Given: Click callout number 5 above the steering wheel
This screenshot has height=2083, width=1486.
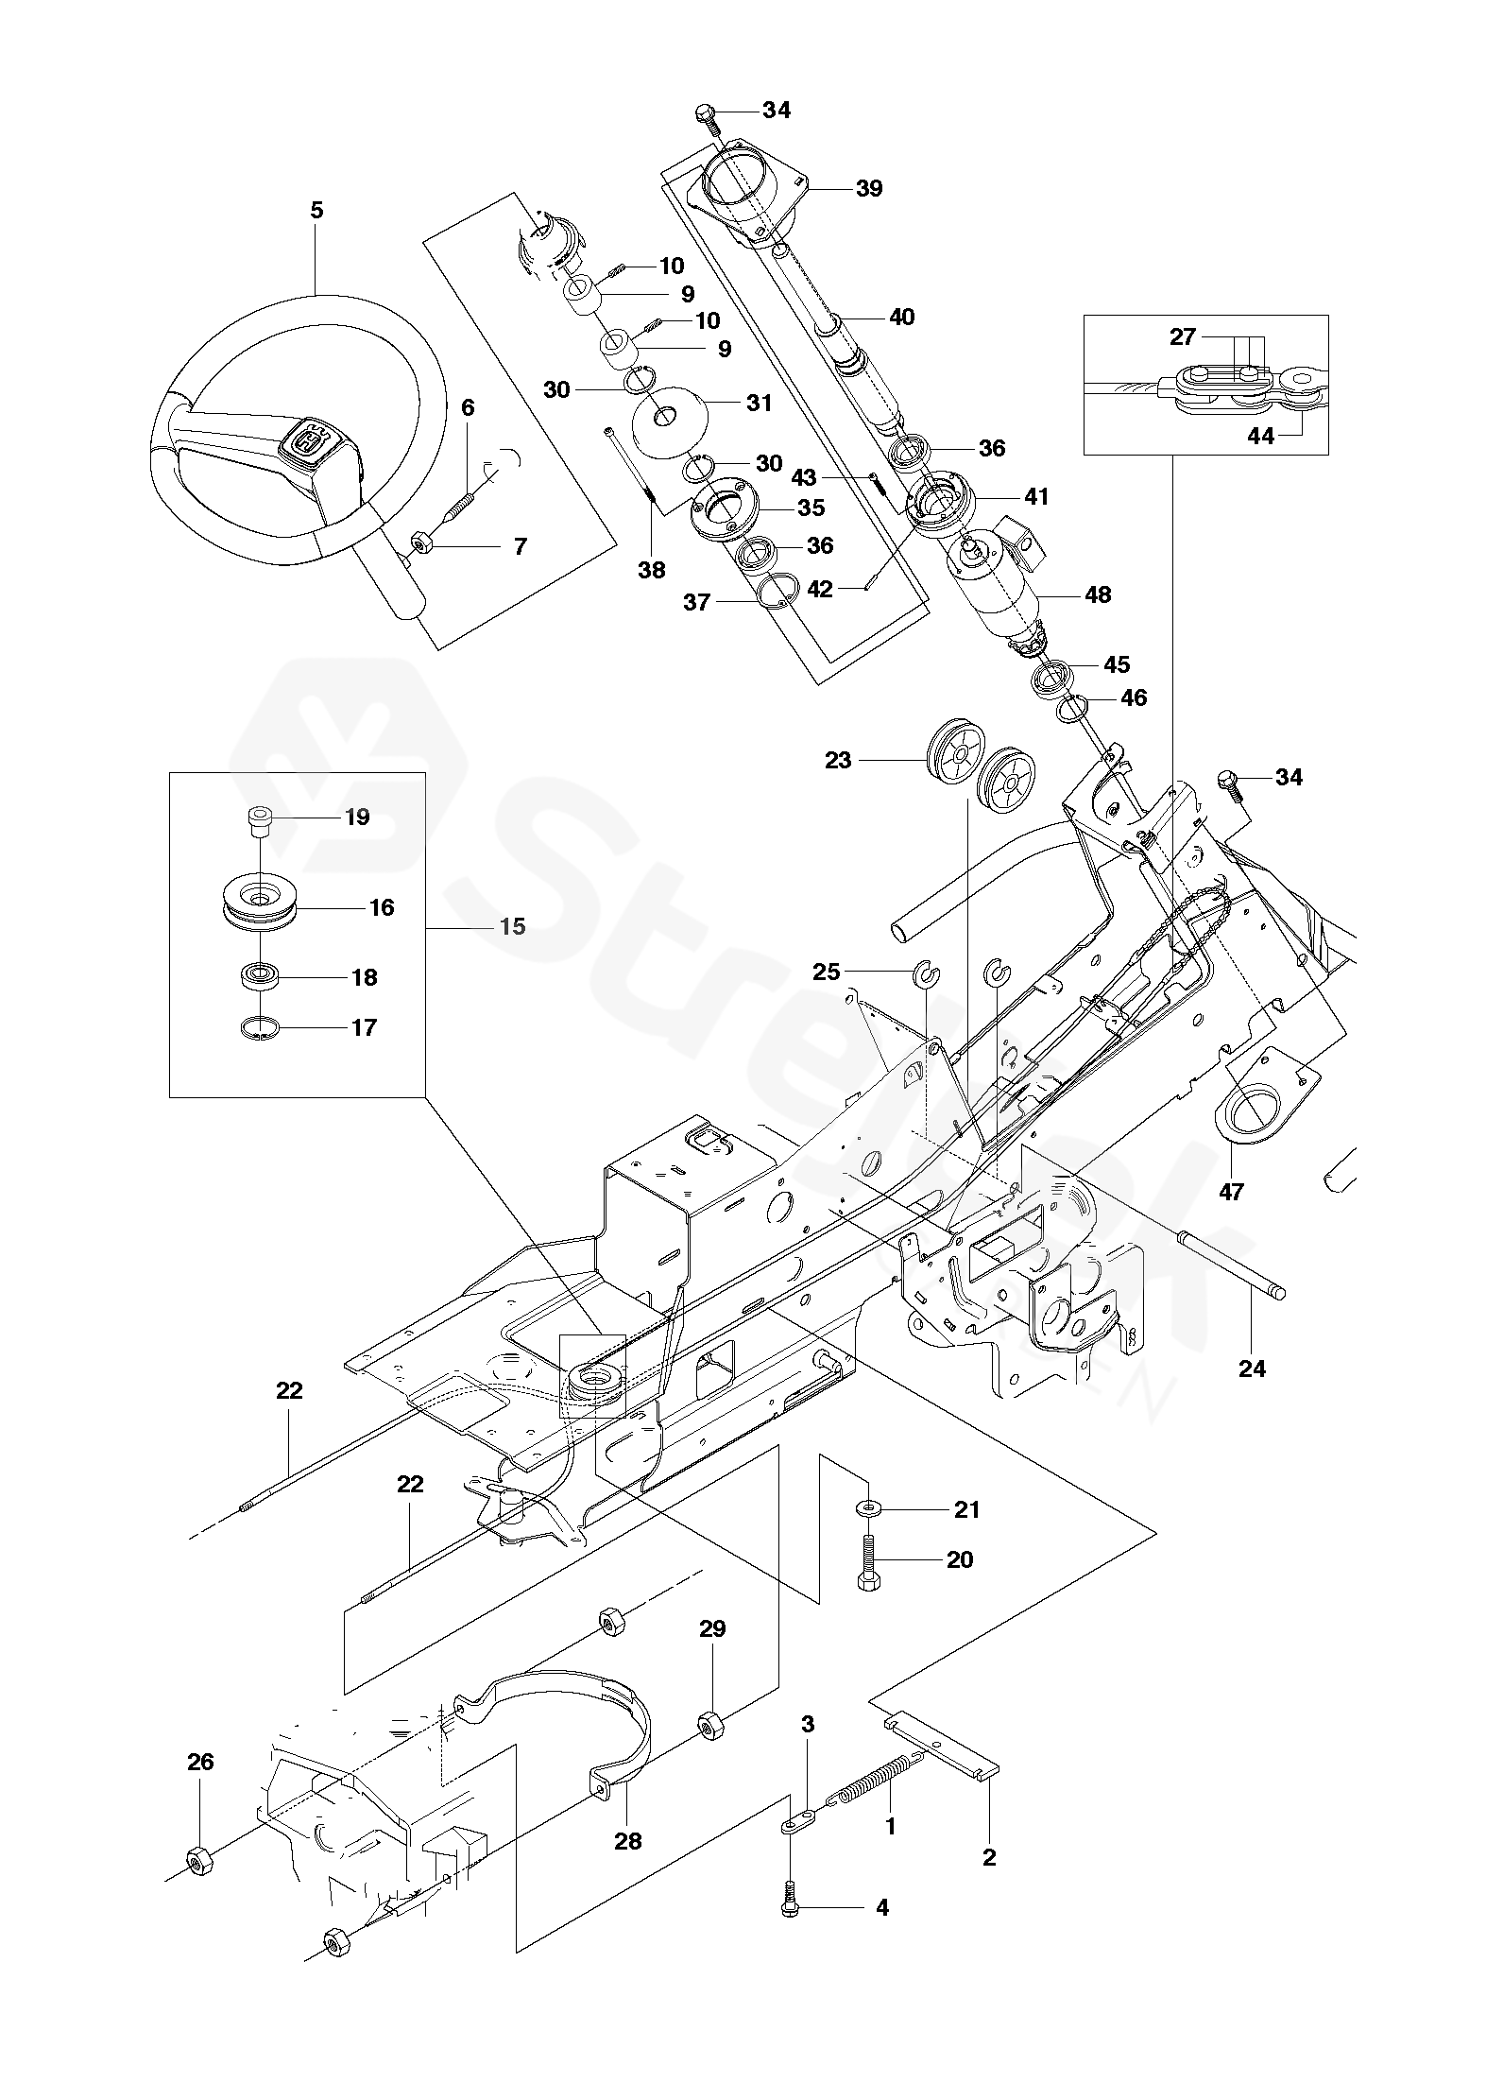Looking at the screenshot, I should (x=316, y=210).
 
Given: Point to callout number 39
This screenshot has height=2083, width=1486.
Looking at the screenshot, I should (x=868, y=188).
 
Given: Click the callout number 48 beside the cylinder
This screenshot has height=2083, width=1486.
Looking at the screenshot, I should (x=1098, y=594).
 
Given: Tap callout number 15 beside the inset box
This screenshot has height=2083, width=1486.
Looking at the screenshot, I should (x=512, y=926).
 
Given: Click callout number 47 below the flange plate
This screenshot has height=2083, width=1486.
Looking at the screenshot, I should (x=1231, y=1192).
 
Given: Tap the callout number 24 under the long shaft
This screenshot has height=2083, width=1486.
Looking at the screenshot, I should (x=1252, y=1368).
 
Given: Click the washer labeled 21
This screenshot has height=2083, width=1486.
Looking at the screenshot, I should (x=867, y=1509).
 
